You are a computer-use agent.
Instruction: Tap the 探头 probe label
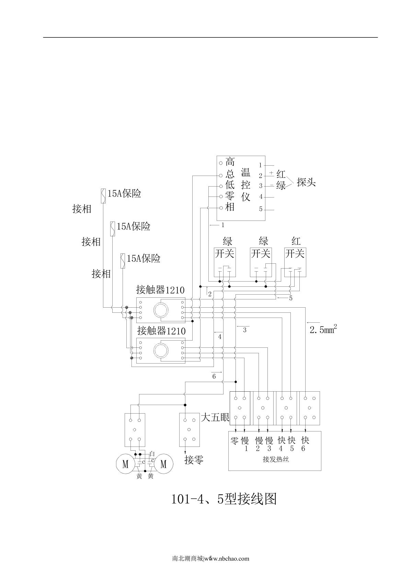pos(306,182)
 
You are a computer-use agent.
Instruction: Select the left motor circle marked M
pos(125,464)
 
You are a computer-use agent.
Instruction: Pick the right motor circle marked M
pos(163,464)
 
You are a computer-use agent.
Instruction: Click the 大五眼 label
pos(215,418)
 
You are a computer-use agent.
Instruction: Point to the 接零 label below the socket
pos(194,460)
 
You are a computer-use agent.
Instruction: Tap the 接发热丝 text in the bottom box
pos(276,460)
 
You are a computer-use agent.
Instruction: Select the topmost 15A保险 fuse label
pos(124,194)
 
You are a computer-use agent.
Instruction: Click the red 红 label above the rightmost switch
pos(296,241)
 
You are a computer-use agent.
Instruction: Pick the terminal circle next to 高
pos(221,163)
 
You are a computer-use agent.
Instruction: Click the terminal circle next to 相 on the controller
pos(221,207)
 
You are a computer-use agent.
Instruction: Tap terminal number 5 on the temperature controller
pos(261,209)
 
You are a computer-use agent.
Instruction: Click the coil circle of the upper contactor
pos(161,310)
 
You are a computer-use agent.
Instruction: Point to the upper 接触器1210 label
pos(160,290)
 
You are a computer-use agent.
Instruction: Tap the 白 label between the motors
pos(152,454)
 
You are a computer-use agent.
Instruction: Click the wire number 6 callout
pos(214,377)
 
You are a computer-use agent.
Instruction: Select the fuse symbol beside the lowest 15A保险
pos(122,261)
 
